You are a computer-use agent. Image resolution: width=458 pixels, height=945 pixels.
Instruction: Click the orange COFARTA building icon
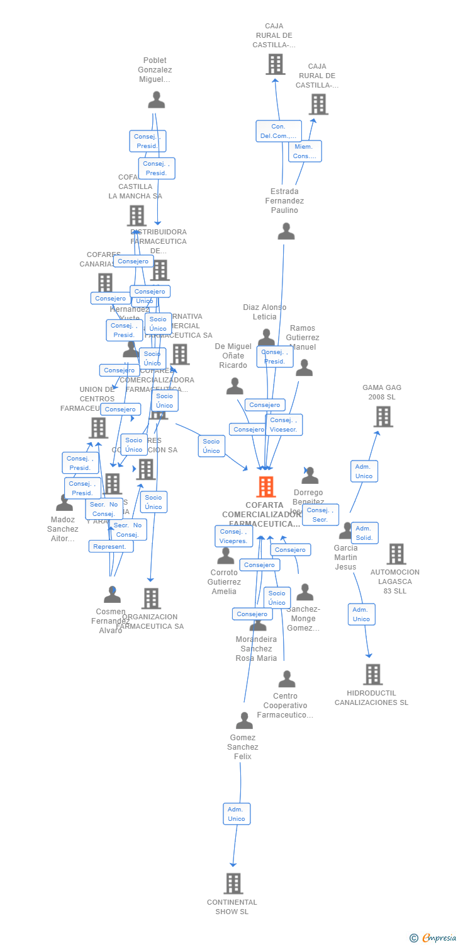pos(266,486)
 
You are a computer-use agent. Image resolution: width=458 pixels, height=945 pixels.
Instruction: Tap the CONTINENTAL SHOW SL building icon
pos(233,883)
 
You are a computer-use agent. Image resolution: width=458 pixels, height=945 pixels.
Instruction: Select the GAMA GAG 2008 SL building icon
pos(383,416)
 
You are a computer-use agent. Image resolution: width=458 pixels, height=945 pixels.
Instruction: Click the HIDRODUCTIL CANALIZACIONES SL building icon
pos(373,674)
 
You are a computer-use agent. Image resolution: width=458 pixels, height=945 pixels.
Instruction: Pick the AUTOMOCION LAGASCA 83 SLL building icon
pos(396,554)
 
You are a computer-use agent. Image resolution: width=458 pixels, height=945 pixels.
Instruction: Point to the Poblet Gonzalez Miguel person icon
pos(156,100)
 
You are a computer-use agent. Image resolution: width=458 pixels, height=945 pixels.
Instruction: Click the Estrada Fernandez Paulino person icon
pos(286,231)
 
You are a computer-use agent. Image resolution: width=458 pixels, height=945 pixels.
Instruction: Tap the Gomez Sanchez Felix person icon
pos(244,720)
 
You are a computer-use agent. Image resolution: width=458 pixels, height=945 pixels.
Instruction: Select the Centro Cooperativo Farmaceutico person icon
pos(287,679)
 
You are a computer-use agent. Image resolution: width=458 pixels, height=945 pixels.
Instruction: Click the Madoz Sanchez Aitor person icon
pos(64,503)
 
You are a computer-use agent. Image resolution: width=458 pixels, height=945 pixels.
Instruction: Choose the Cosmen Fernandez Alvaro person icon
pos(112,594)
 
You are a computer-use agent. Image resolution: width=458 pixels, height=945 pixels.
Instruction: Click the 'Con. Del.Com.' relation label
pos(278,131)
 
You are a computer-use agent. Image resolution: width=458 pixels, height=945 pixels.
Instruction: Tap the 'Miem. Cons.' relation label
pos(305,151)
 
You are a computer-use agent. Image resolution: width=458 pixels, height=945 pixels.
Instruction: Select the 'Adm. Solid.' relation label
pos(364,533)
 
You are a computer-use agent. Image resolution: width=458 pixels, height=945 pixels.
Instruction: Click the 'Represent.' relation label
pos(111,546)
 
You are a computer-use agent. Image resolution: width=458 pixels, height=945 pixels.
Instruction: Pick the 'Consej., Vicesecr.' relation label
pos(284,425)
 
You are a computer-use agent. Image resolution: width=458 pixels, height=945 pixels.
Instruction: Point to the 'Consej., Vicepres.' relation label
pos(233,536)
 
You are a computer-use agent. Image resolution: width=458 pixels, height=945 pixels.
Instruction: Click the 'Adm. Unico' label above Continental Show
pos(237,814)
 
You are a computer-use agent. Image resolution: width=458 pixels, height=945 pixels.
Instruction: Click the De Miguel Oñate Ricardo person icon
pos(235,386)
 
